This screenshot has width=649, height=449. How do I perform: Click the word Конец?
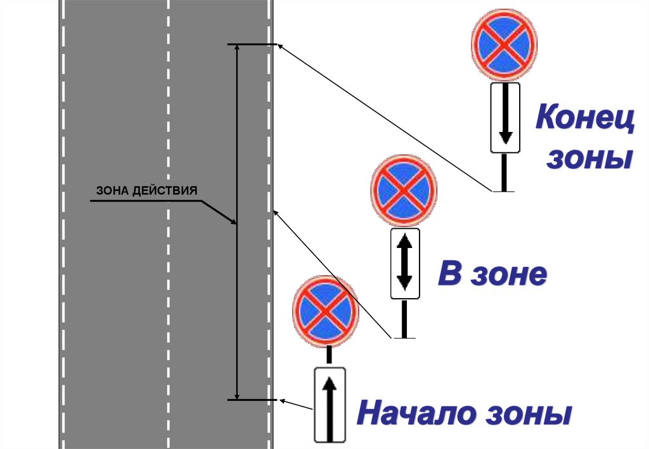(585, 119)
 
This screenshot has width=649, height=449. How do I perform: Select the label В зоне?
(492, 275)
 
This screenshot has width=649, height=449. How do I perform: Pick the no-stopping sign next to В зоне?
(404, 192)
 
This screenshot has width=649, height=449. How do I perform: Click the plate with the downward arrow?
(505, 117)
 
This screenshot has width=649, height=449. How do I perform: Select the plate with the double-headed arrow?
(405, 263)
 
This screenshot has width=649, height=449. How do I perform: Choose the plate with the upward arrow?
(330, 404)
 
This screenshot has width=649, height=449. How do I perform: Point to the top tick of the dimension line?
(252, 44)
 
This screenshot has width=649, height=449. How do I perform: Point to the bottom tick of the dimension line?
(252, 400)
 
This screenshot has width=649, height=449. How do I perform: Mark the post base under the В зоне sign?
(404, 337)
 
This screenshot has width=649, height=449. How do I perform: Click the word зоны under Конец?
(589, 159)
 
